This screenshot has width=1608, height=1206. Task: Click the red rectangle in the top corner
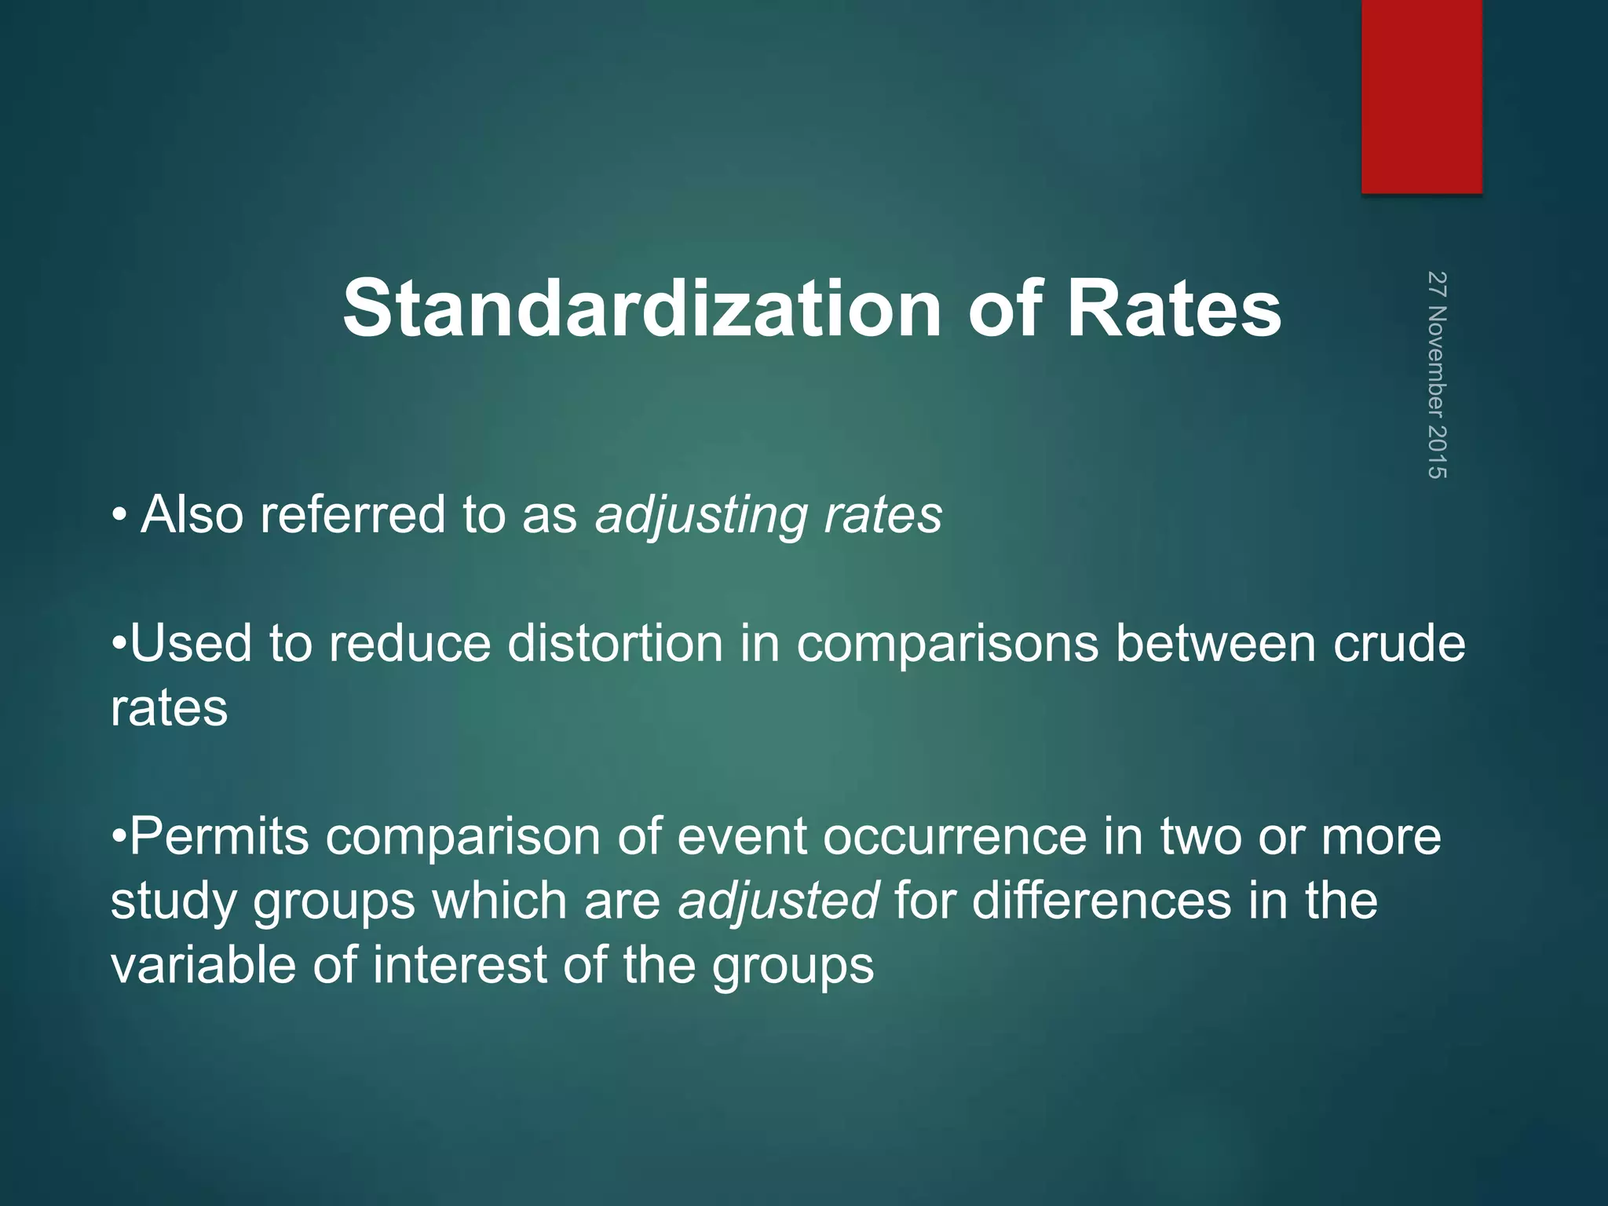point(1421,96)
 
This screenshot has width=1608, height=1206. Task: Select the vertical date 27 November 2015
point(1437,375)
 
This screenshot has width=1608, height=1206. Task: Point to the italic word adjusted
point(778,901)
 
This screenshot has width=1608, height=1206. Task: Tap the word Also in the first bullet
point(192,515)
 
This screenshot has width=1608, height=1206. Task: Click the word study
point(173,902)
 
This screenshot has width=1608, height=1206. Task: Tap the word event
point(741,836)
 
